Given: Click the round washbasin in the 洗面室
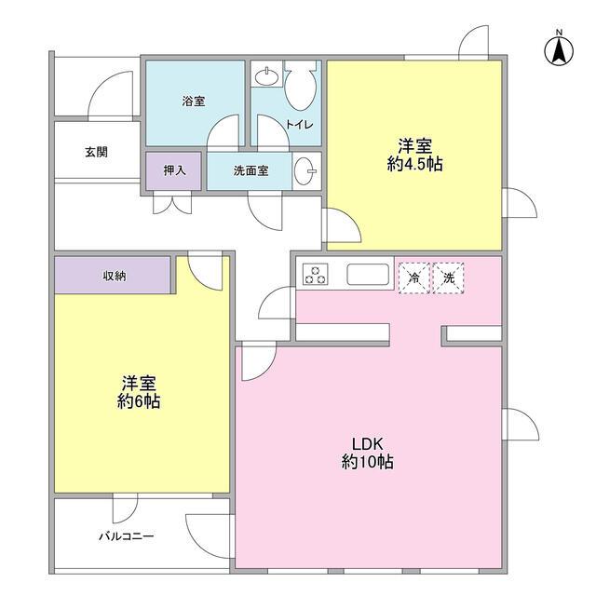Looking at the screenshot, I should pos(304,171).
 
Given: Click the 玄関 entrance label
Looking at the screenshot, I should pos(96,151).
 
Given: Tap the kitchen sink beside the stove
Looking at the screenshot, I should pos(367,276).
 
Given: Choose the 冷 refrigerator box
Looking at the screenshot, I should pos(413,278).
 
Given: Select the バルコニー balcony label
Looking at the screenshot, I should pos(126,537).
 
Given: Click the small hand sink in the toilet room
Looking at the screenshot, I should pos(265,74).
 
